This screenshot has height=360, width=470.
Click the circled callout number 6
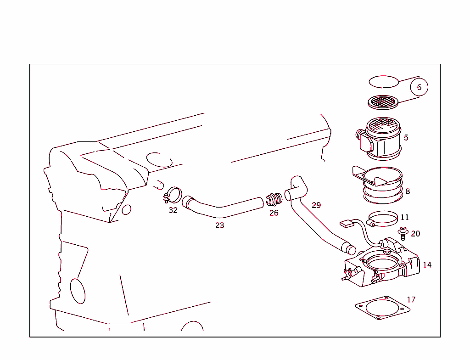click(x=419, y=87)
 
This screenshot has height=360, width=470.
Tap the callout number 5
click(x=406, y=137)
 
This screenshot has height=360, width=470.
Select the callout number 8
click(x=408, y=191)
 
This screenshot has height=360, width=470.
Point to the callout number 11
click(x=404, y=217)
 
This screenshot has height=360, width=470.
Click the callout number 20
click(x=415, y=234)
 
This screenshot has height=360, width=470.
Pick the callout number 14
click(x=427, y=265)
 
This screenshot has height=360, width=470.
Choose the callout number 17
click(x=411, y=299)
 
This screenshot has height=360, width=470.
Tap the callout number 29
click(x=316, y=205)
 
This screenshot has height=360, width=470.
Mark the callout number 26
click(x=274, y=213)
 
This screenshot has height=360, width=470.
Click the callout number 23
click(x=220, y=225)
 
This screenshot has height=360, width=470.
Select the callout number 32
click(x=173, y=210)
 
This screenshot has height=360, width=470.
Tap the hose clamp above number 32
click(x=173, y=196)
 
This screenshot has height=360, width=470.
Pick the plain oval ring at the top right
click(x=384, y=82)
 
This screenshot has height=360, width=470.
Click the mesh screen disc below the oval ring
click(x=384, y=102)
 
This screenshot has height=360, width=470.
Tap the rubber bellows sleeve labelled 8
click(x=383, y=186)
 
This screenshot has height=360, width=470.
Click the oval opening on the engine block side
click(x=78, y=291)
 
